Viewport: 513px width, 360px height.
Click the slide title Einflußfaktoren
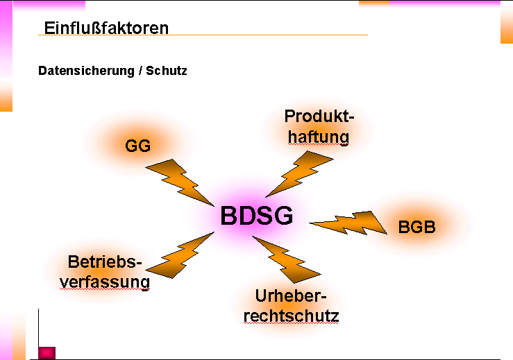pos(106,28)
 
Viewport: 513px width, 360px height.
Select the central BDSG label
pos(257,216)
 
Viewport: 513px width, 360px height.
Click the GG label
pos(138,146)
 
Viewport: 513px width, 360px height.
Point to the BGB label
pos(417,227)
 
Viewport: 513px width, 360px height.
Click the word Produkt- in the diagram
pos(319,117)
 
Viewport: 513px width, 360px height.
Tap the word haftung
pos(319,137)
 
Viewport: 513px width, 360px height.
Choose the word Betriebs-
pos(105,262)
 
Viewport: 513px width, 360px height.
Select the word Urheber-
pos(290,296)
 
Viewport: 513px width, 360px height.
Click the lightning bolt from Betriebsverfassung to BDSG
pos(179,256)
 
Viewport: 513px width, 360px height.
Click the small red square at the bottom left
pos(47,352)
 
